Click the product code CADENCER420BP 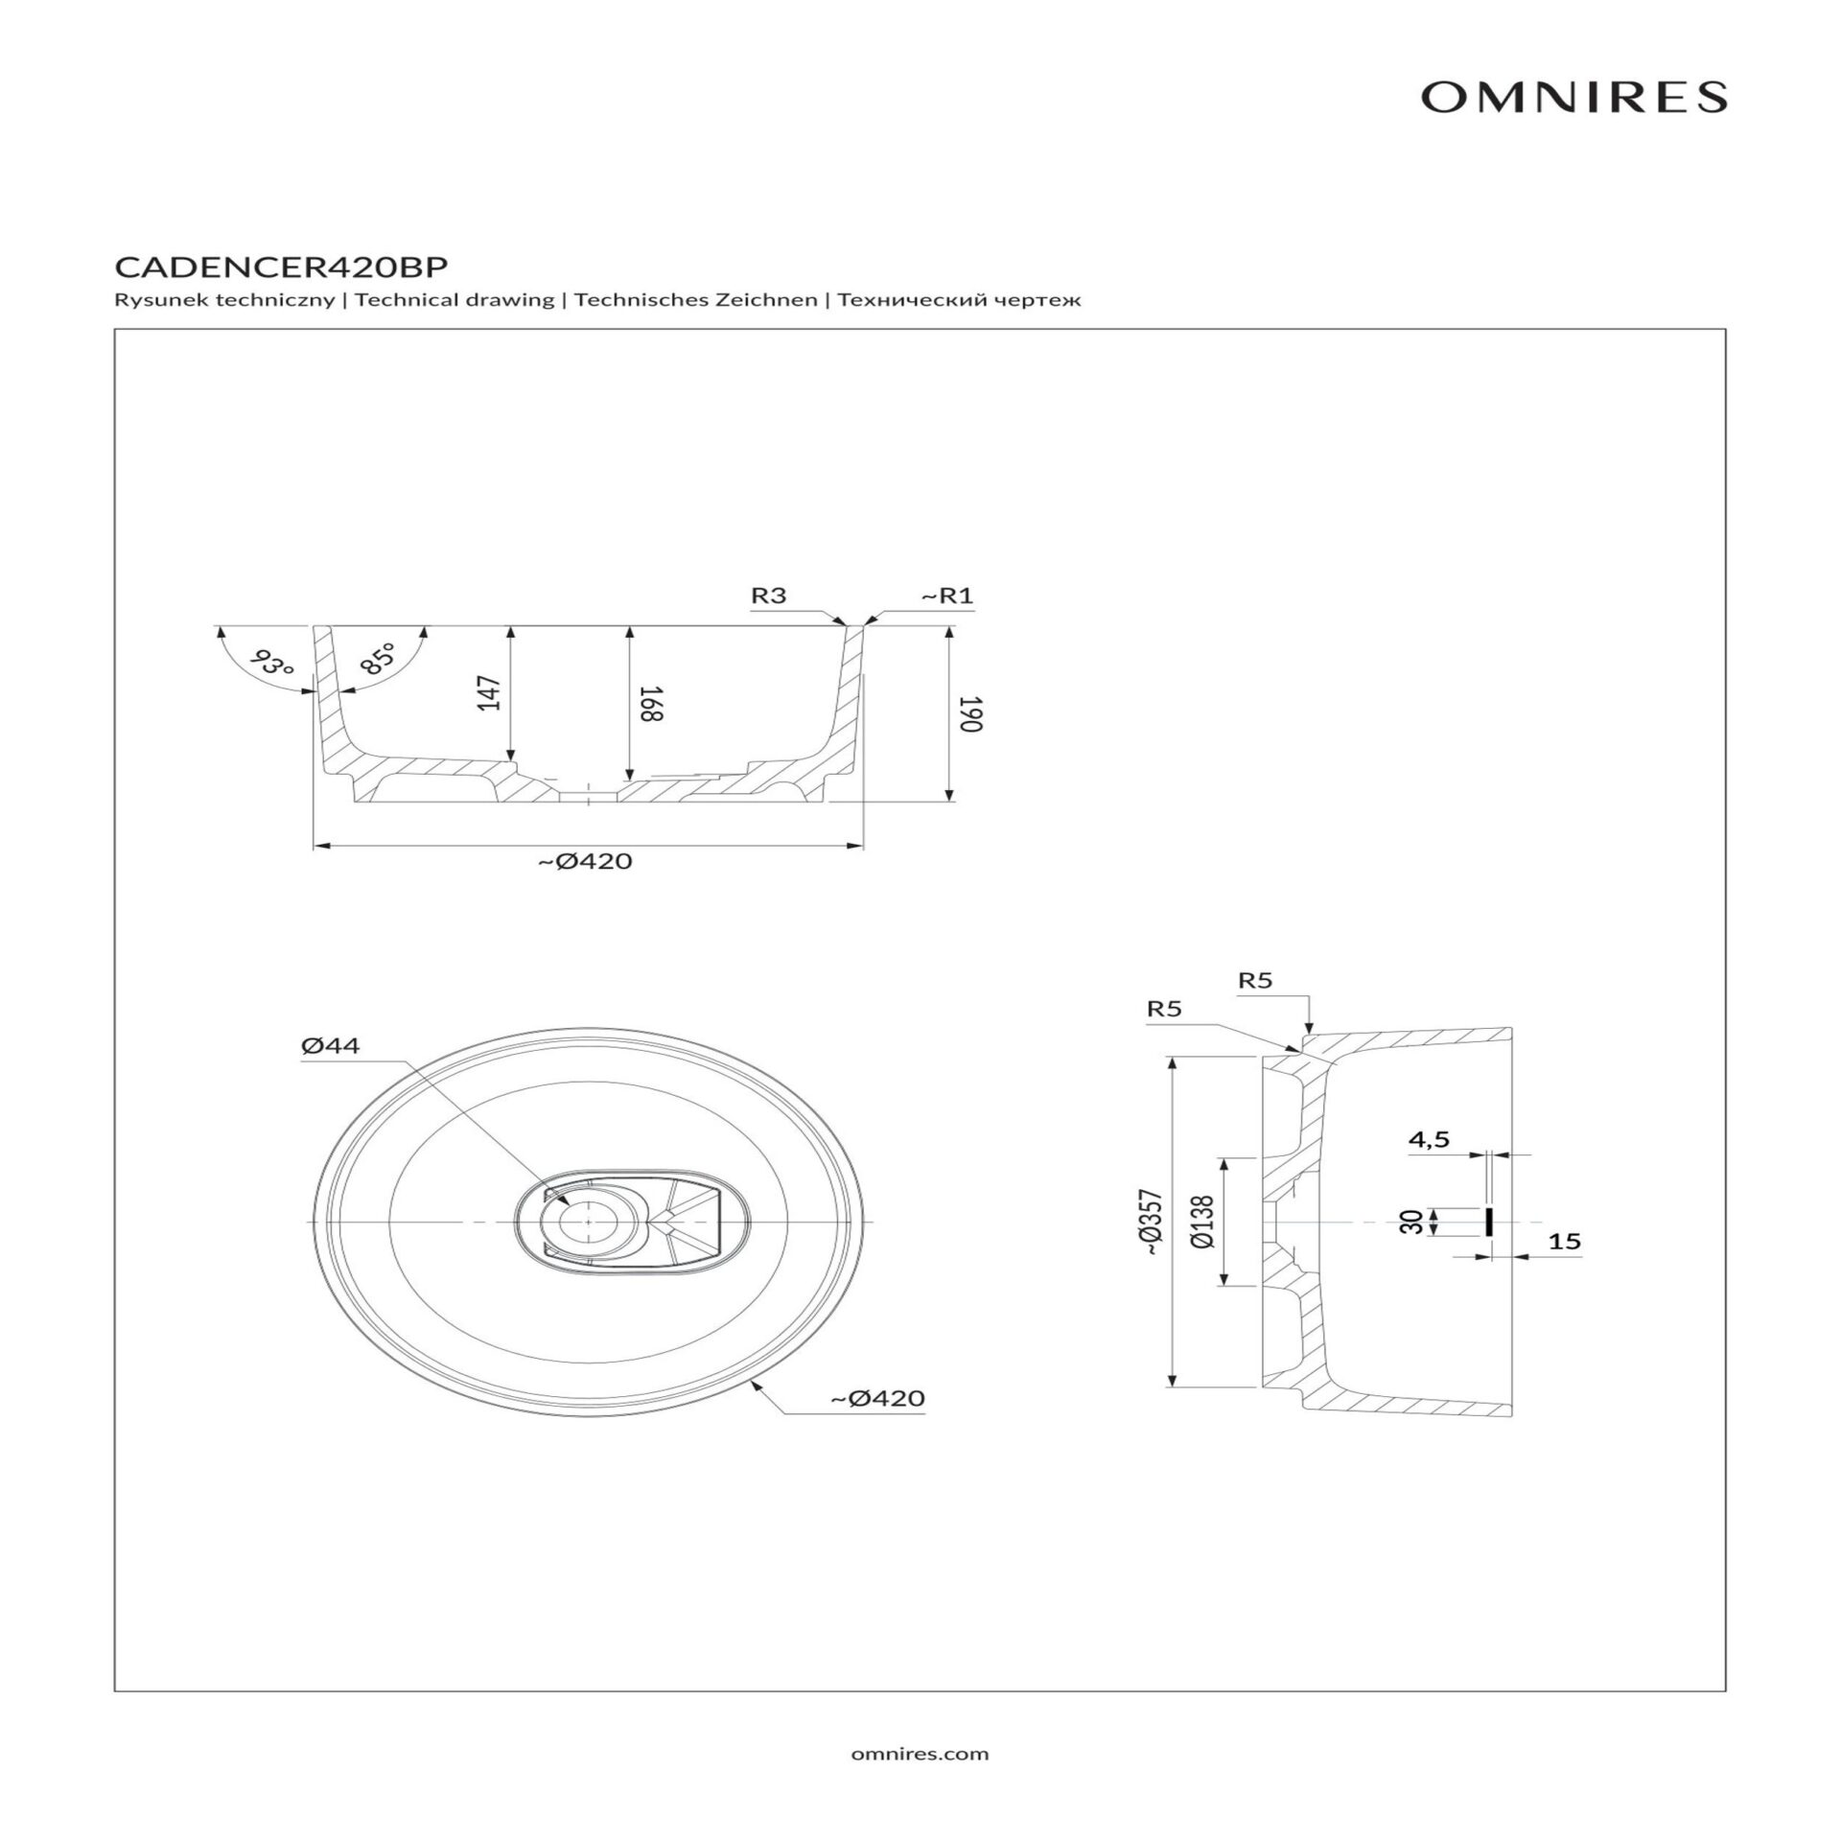coord(281,265)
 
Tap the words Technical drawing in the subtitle coord(454,300)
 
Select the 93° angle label coord(272,662)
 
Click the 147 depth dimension coord(489,693)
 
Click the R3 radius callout coord(768,595)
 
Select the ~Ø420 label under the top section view coord(584,861)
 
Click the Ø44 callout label coord(330,1045)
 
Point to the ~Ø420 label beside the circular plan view coord(877,1398)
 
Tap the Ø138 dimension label coord(1205,1222)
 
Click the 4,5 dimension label coord(1429,1139)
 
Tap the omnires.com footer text coord(920,1754)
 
